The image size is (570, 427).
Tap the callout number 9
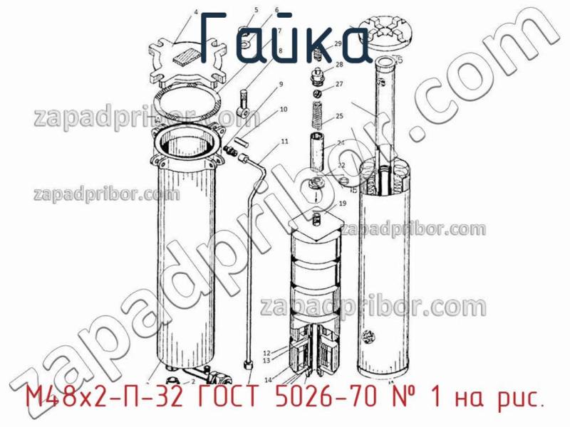coord(281,85)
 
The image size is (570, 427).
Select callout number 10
coord(284,110)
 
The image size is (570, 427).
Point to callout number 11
coord(284,142)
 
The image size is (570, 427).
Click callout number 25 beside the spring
coord(339,116)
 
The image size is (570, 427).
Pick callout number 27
coord(339,84)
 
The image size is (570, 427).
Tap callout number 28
coord(339,65)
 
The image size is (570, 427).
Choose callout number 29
coord(338,44)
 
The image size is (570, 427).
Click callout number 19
coord(342,204)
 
